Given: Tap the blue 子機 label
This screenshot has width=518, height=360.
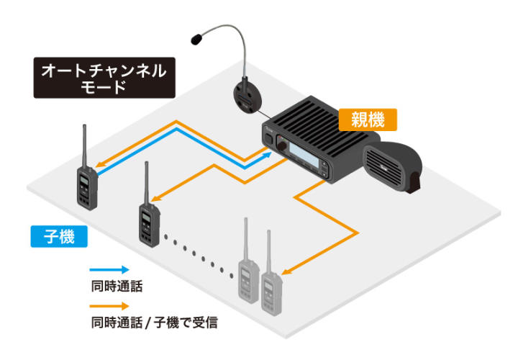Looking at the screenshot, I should tap(58, 235).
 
